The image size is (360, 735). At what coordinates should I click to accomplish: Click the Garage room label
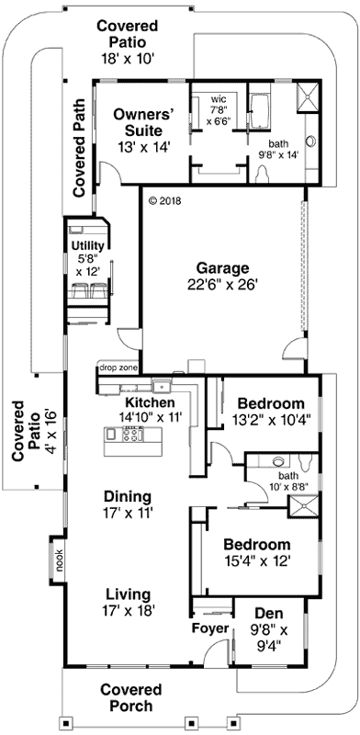coord(221,277)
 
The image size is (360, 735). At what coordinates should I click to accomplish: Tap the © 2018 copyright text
coord(164,201)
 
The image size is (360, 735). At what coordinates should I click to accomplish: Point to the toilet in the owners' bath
coord(262,175)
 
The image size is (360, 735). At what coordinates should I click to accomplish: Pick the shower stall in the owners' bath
coord(308,97)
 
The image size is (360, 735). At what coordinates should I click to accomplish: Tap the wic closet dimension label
coord(219,112)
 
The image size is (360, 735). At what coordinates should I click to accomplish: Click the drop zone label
coord(118,368)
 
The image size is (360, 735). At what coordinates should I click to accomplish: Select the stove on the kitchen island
coord(132,434)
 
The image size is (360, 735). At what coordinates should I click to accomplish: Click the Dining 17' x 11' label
coord(128,504)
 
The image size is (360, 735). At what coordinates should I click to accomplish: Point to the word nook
coord(60,560)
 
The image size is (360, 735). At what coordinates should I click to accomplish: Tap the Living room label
coord(128,603)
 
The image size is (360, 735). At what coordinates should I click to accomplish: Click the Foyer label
coord(210,628)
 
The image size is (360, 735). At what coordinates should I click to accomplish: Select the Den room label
coord(268,629)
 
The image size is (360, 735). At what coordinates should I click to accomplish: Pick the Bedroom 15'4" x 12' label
coord(256,553)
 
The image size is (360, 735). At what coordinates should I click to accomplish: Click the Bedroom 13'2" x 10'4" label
coord(271,411)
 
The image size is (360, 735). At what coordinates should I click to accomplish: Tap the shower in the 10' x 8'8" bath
coord(303,506)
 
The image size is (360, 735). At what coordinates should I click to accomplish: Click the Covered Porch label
coord(130,697)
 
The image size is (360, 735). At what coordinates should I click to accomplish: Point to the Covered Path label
coord(79,148)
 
